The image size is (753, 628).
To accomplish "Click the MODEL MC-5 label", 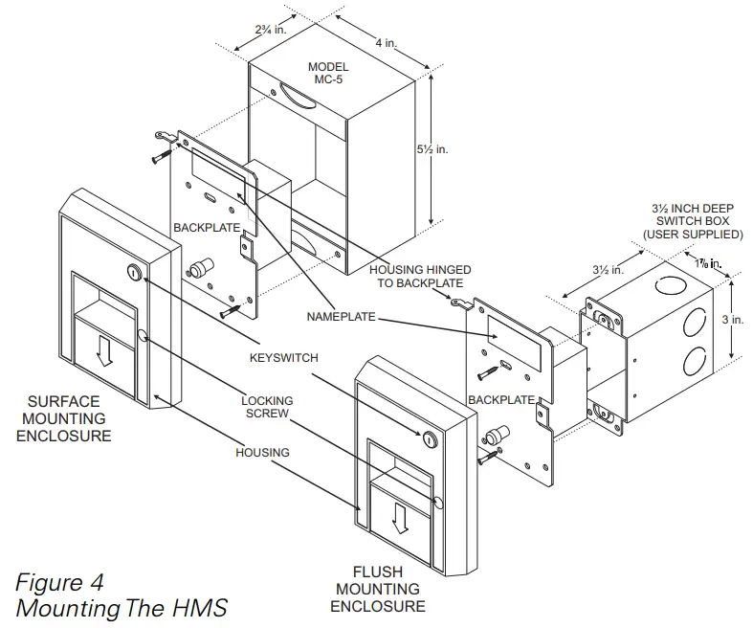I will (328, 74).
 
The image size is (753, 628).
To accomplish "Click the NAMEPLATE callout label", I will (342, 316).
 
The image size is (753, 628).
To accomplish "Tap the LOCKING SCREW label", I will (267, 408).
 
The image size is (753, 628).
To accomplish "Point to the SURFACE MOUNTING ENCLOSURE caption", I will (69, 418).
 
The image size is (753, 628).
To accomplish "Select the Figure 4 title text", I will (59, 582).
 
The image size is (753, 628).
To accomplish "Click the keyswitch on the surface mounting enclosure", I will (132, 274).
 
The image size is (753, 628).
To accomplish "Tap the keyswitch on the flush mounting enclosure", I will (428, 439).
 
